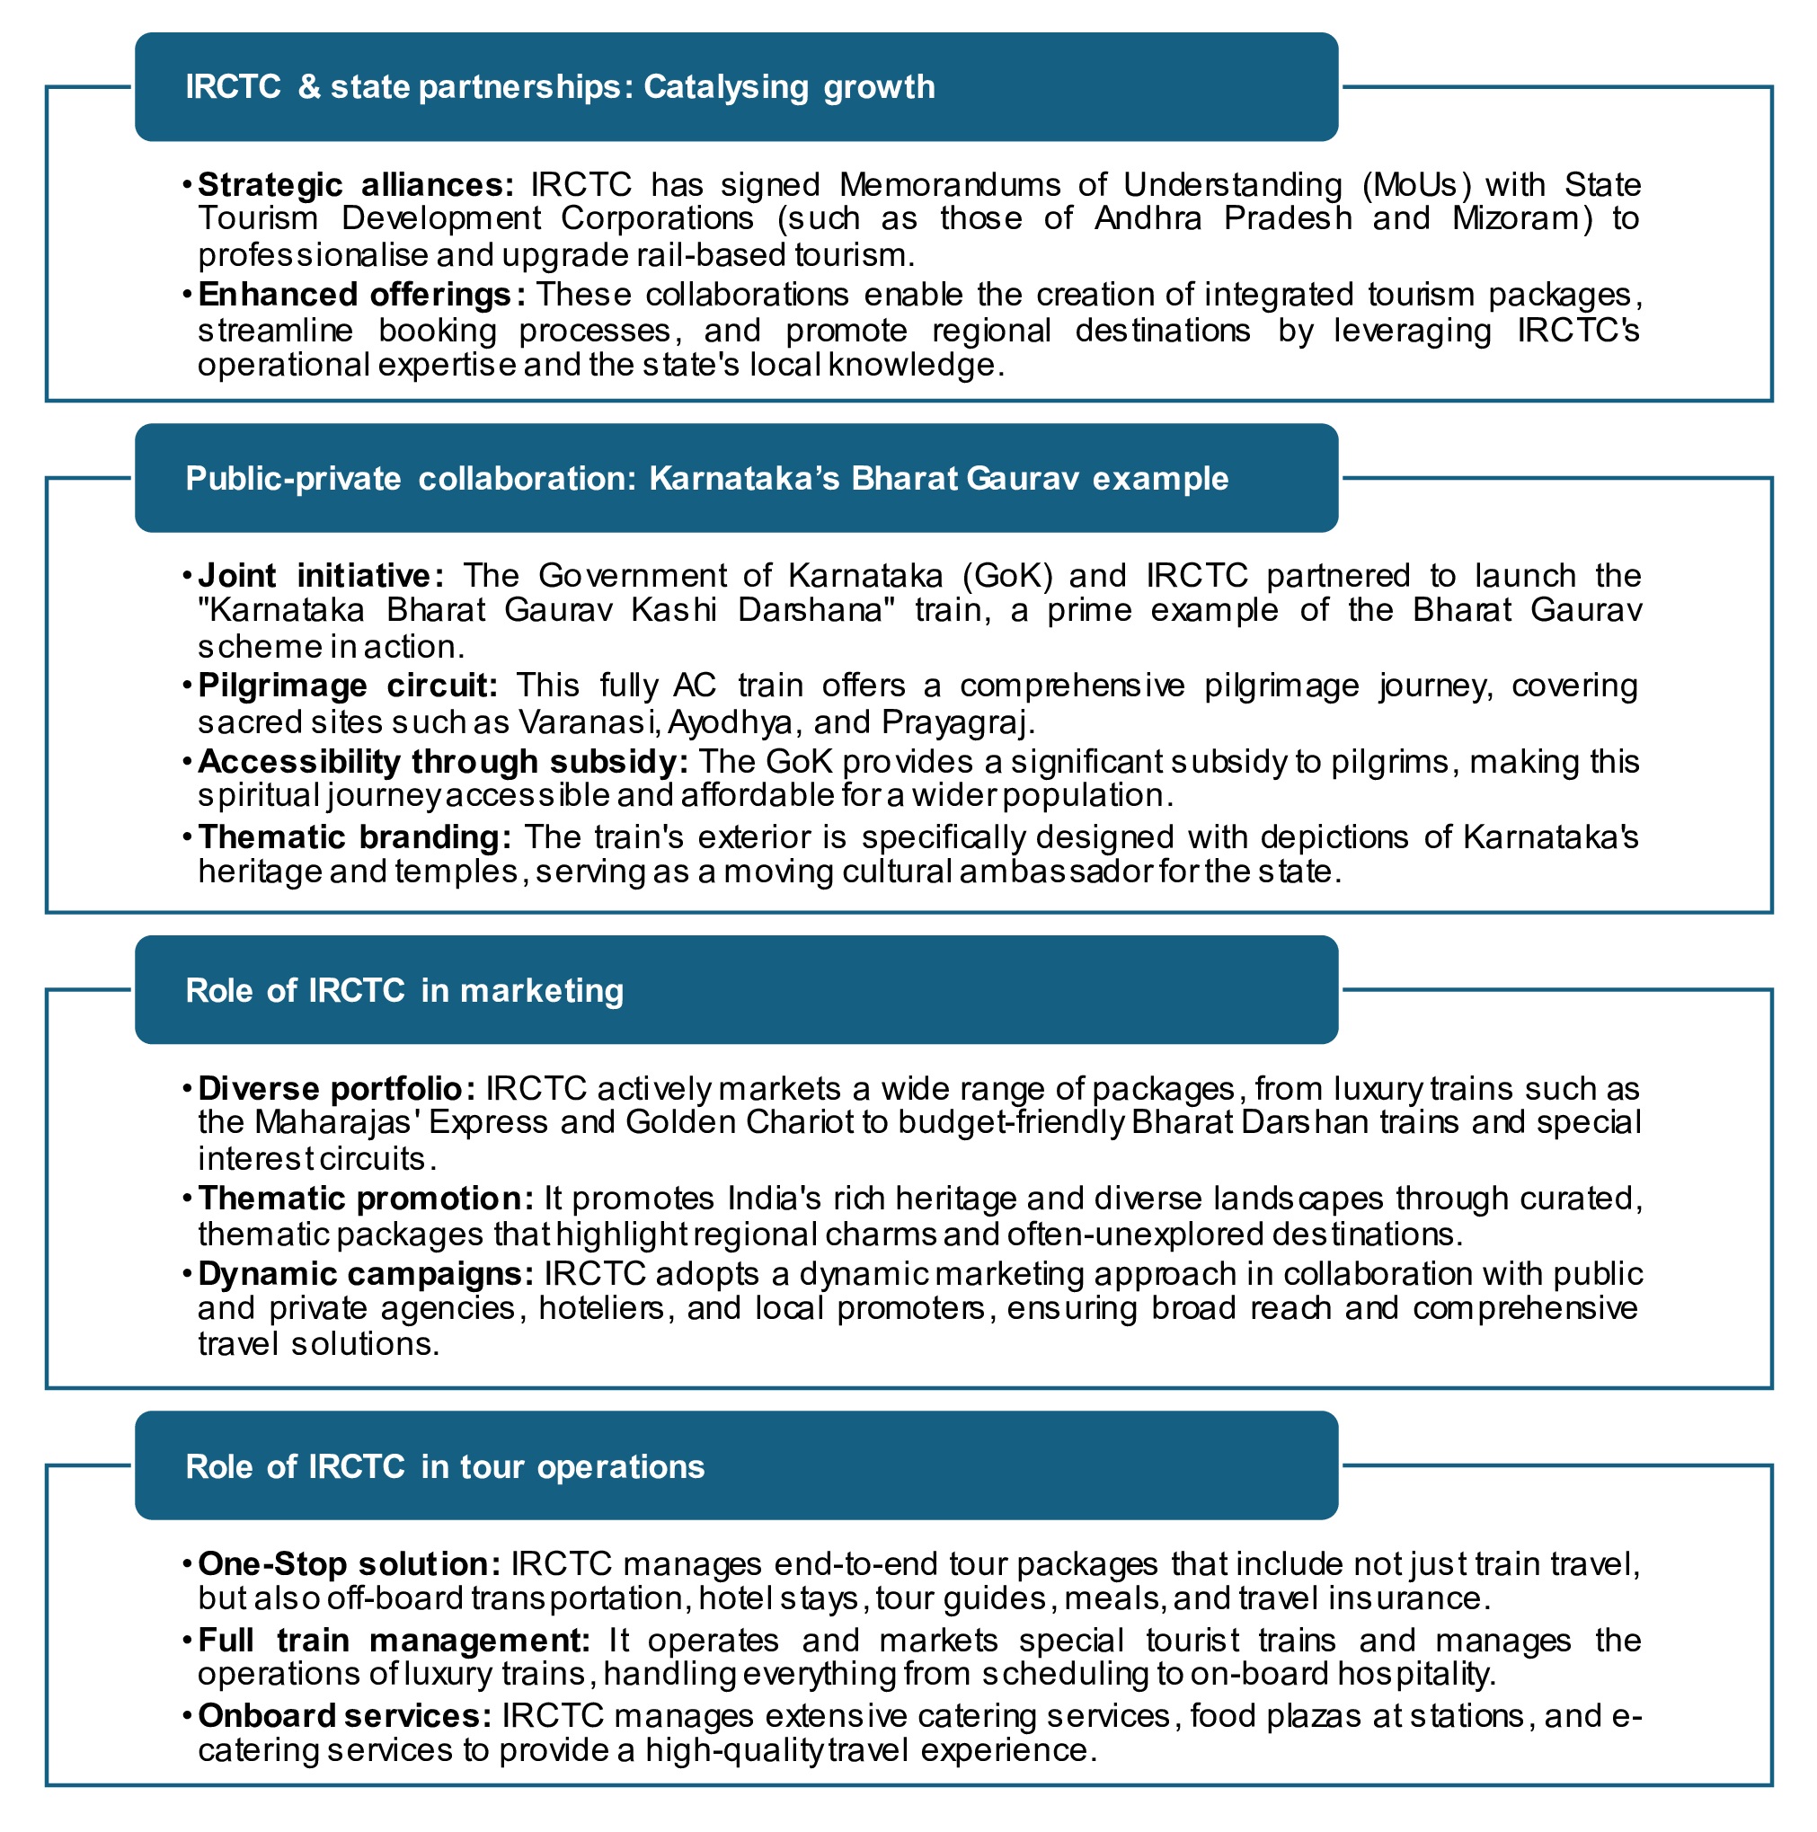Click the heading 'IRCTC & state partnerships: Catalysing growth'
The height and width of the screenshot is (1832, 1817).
560,87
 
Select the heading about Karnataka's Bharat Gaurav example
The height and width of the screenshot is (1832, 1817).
706,479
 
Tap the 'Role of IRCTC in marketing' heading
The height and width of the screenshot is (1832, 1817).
404,991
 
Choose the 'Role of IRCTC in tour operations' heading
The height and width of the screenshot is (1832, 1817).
445,1467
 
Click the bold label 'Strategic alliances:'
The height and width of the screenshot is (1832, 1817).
356,184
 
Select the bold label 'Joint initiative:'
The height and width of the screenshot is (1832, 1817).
321,576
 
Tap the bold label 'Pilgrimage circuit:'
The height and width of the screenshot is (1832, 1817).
347,686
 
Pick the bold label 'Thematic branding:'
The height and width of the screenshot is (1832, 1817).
355,837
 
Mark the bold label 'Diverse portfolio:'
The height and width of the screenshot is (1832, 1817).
337,1089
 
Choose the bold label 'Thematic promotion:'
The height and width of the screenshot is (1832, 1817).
366,1199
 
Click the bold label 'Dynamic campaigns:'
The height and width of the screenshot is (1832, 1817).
366,1273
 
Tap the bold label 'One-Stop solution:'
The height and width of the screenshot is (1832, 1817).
349,1563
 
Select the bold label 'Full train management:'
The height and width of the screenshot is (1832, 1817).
394,1640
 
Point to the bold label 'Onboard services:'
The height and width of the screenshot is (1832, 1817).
344,1715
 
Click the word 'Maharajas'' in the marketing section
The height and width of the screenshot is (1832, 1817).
338,1123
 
